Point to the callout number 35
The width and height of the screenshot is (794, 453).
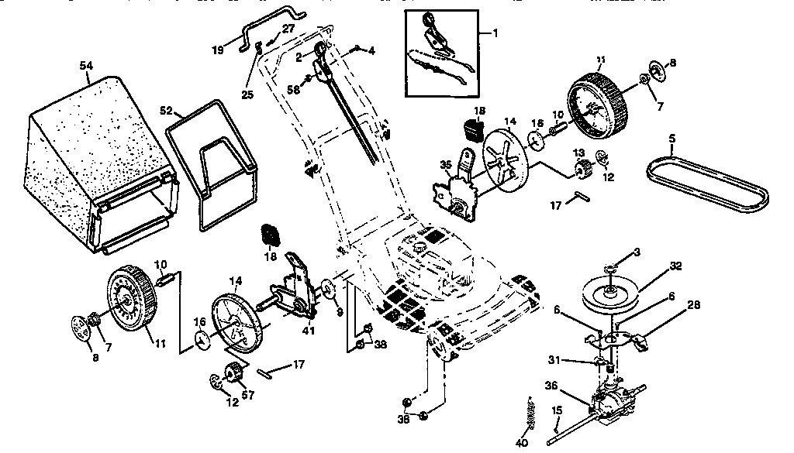tap(444, 164)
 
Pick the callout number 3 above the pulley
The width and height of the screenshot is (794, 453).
tap(637, 252)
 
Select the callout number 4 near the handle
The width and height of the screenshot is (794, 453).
tap(372, 51)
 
